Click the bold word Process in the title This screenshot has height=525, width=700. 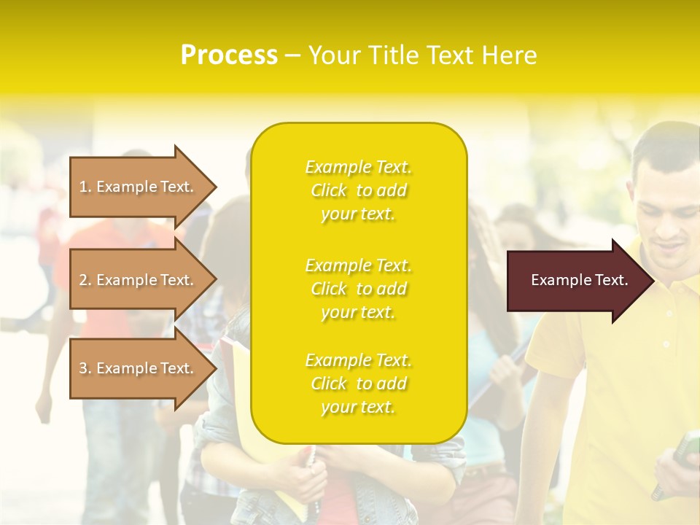229,55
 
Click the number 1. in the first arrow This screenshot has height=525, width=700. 85,187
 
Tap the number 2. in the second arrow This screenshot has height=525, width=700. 85,280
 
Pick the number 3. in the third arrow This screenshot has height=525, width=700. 85,368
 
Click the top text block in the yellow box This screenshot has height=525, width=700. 358,190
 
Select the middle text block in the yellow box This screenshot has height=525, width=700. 358,289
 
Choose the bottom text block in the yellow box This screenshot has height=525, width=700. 358,384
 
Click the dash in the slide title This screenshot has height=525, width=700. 292,56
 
